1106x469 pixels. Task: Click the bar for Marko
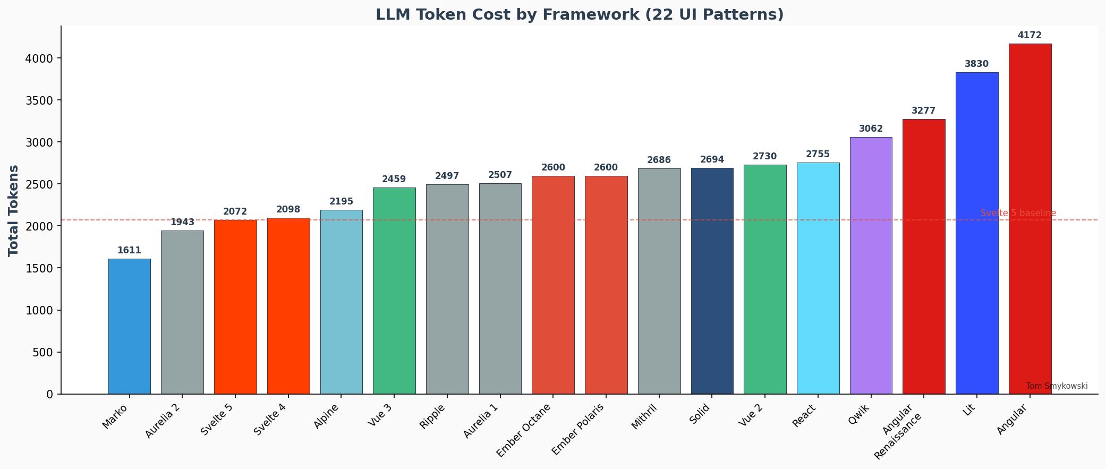[x=129, y=326]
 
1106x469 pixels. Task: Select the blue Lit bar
[x=976, y=233]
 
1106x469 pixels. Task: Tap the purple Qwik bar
[x=871, y=266]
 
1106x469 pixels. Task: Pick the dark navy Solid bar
[x=712, y=281]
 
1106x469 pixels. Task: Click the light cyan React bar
[x=818, y=278]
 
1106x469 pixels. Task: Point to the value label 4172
[x=1030, y=36]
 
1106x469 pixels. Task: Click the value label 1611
[x=129, y=251]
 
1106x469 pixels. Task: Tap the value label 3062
[x=871, y=129]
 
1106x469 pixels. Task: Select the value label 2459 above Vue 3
[x=394, y=180]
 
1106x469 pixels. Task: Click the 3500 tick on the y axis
[x=39, y=100]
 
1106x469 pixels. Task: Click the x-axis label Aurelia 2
[x=163, y=421]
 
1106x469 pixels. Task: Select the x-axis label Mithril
[x=644, y=417]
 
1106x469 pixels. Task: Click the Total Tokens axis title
[x=14, y=210]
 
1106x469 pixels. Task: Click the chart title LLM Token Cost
[x=580, y=14]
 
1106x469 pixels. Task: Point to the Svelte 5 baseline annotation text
[x=1018, y=213]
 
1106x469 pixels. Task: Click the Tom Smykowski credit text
[x=1056, y=386]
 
